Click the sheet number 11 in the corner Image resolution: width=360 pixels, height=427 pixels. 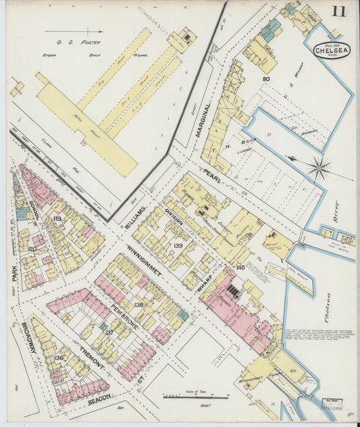338,11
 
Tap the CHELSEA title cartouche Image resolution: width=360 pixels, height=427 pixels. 331,52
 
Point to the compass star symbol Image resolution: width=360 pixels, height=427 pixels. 319,167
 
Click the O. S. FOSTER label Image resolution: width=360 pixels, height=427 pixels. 70,42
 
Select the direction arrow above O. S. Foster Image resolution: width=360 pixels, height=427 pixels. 74,31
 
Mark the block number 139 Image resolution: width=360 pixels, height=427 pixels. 178,245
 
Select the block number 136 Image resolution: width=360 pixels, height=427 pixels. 59,357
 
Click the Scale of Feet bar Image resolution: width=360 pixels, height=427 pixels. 195,397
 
